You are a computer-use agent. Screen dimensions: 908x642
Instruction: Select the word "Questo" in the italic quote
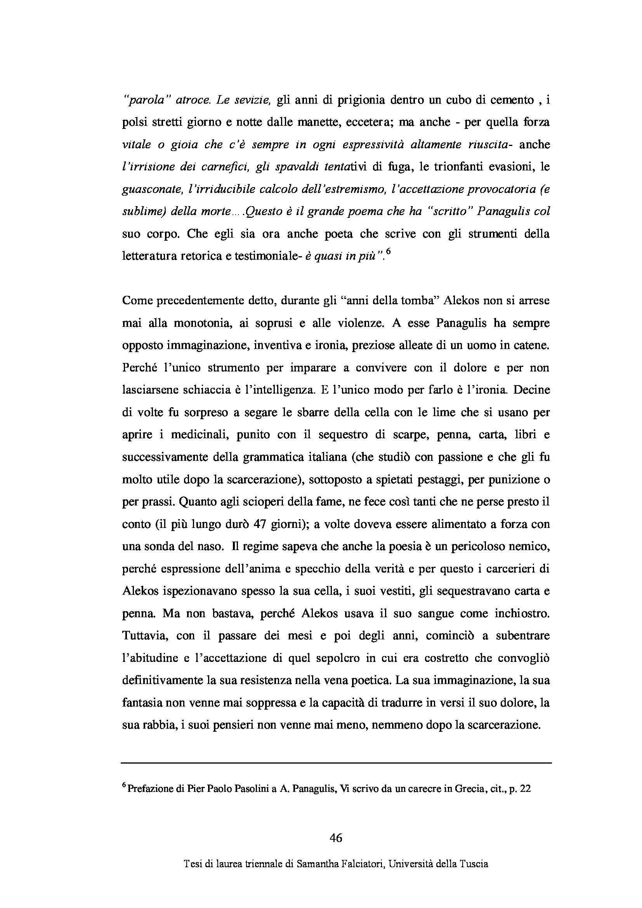coord(260,212)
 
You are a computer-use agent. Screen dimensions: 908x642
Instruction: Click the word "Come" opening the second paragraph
coord(135,301)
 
